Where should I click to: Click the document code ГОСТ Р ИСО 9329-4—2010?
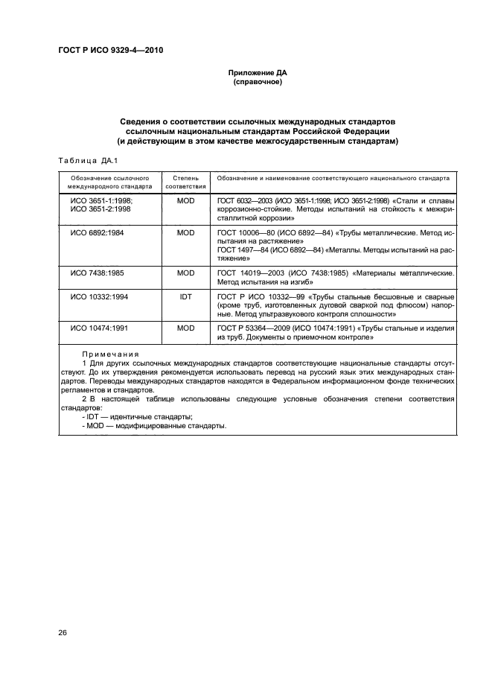(x=110, y=50)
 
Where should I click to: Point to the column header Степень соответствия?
(x=185, y=182)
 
